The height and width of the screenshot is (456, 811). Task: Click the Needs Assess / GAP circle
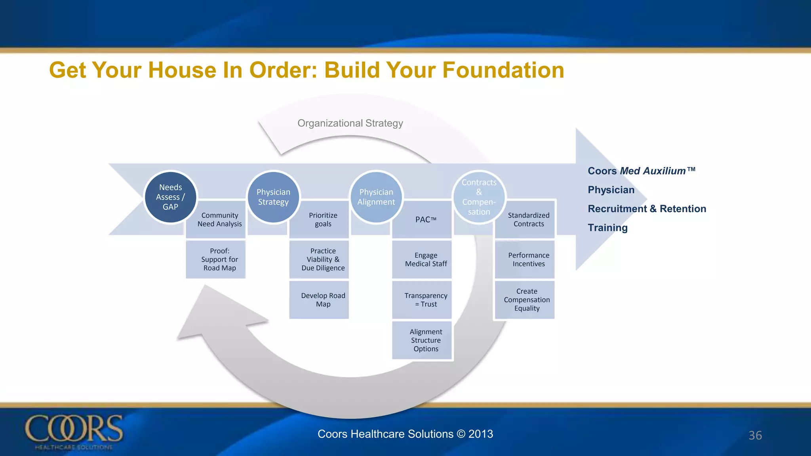(x=170, y=197)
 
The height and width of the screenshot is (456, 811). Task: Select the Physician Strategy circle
(x=273, y=197)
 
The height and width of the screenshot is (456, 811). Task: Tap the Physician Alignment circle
(x=376, y=197)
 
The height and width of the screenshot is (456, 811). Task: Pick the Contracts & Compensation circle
(x=479, y=197)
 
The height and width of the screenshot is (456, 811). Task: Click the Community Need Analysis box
(x=219, y=220)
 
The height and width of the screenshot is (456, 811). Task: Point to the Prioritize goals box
(x=323, y=220)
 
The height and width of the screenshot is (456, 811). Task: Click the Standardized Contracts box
(x=528, y=220)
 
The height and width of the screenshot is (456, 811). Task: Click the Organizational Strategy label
(x=350, y=123)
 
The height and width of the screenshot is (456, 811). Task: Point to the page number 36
(x=755, y=435)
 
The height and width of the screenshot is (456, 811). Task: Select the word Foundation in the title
(x=503, y=70)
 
